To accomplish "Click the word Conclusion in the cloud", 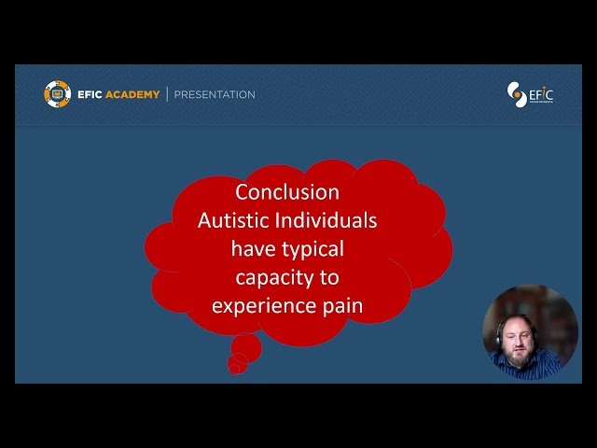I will point(287,192).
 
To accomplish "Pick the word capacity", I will point(273,277).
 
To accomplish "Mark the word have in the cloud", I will point(253,249).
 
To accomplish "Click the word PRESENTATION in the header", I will point(214,94).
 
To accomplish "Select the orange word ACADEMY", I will point(132,94).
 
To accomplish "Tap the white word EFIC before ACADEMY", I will point(90,94).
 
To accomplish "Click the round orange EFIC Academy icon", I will point(57,94).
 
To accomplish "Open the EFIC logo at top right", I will point(529,95).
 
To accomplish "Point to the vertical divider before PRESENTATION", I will point(167,94).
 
